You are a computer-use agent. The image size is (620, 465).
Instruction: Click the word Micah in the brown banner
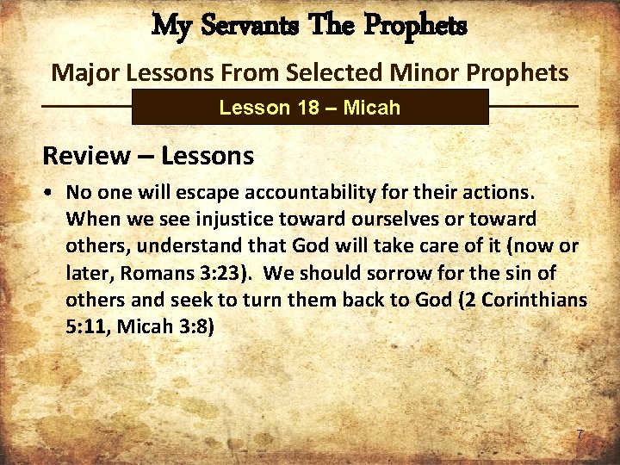[372, 108]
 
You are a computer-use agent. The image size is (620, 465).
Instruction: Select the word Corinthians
[537, 301]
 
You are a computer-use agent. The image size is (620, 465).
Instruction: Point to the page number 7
[580, 435]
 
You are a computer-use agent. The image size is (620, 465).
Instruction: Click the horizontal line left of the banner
[86, 106]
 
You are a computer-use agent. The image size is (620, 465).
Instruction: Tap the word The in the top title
[330, 25]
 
